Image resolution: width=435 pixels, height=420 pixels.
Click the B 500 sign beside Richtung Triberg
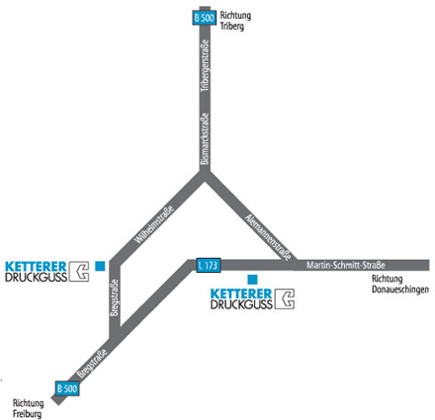pyautogui.click(x=205, y=18)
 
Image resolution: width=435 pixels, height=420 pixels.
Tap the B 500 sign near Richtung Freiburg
pyautogui.click(x=67, y=388)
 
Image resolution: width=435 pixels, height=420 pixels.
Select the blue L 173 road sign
pyautogui.click(x=209, y=265)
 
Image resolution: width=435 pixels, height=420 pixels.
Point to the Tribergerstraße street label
pyautogui.click(x=205, y=66)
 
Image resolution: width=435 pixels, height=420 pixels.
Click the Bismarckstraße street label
pyautogui.click(x=205, y=138)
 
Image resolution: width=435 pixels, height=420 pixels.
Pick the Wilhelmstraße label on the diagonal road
pyautogui.click(x=153, y=224)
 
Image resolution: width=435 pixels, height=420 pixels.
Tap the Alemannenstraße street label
pyautogui.click(x=268, y=236)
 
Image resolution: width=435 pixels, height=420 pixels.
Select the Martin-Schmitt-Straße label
pyautogui.click(x=346, y=265)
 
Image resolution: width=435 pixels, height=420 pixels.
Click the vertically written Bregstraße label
pyautogui.click(x=114, y=297)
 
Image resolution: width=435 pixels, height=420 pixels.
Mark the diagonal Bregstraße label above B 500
pyautogui.click(x=92, y=363)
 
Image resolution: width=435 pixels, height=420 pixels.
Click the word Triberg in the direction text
pyautogui.click(x=232, y=27)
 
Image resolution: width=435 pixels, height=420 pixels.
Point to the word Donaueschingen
pyautogui.click(x=400, y=290)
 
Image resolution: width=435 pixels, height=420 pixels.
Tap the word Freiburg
pyautogui.click(x=27, y=414)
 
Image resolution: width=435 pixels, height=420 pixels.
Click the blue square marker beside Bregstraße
pyautogui.click(x=100, y=266)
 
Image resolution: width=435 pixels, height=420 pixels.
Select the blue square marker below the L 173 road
pyautogui.click(x=252, y=280)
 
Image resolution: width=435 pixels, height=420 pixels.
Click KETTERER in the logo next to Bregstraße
pyautogui.click(x=36, y=267)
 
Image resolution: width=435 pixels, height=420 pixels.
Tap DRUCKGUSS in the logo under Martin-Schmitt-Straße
pyautogui.click(x=241, y=304)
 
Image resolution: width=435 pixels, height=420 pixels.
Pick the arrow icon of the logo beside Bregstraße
pyautogui.click(x=79, y=272)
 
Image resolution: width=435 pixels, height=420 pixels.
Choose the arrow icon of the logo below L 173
pyautogui.click(x=285, y=298)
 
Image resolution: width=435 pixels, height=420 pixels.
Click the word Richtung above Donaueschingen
pyautogui.click(x=388, y=279)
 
